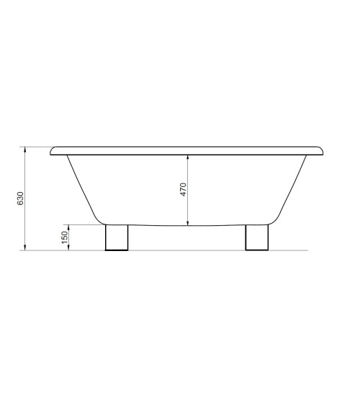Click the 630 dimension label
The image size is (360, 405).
20,199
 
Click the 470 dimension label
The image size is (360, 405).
183,190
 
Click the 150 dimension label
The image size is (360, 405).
65,237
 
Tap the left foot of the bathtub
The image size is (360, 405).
117,237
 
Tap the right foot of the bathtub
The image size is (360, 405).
257,237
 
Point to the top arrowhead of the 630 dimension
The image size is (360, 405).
25,150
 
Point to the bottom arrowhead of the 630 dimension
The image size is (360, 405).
25,247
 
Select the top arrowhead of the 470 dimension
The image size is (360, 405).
188,158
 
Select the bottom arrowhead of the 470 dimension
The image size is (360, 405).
188,222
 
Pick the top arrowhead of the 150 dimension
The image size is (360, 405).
68,227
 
